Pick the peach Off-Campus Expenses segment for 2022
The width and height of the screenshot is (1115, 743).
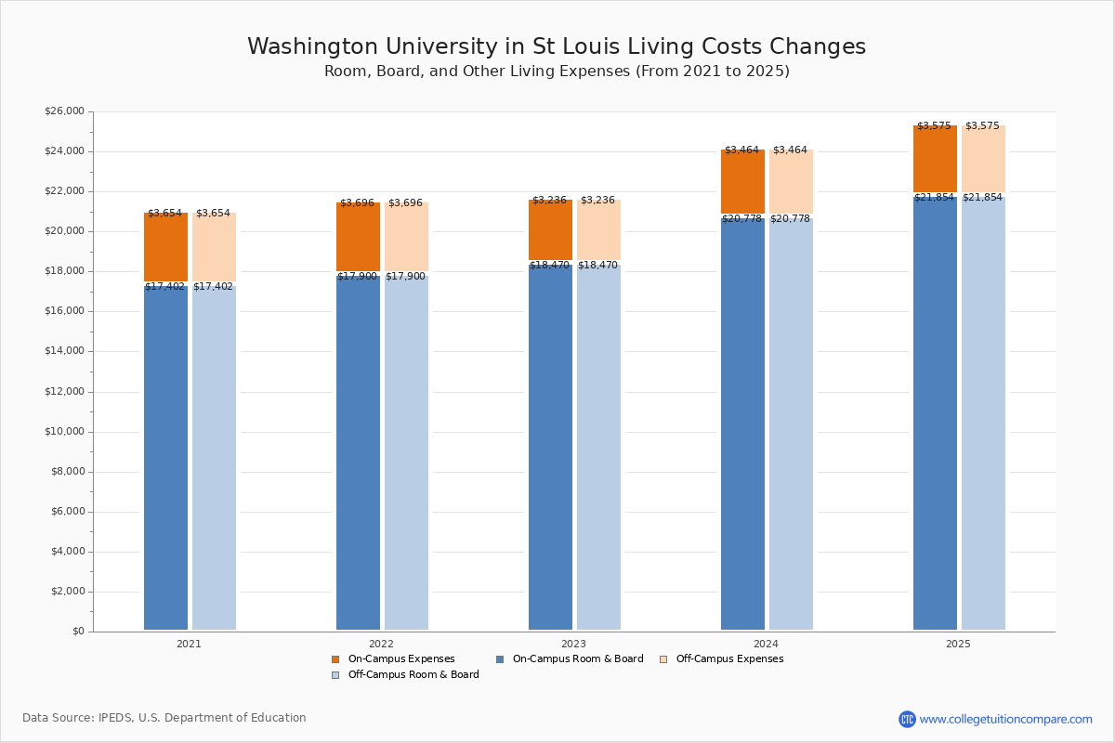406,237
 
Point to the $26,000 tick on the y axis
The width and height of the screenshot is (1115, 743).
64,111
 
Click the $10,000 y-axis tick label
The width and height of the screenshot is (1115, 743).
64,432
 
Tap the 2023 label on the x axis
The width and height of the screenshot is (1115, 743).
573,644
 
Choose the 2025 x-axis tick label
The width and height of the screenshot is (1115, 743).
958,644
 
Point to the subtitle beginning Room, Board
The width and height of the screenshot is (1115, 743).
557,72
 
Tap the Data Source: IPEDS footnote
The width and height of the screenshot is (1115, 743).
164,718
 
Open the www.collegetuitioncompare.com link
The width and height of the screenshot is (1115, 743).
1005,719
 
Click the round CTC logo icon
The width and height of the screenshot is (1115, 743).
907,719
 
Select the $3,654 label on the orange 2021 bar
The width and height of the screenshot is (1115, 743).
164,214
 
